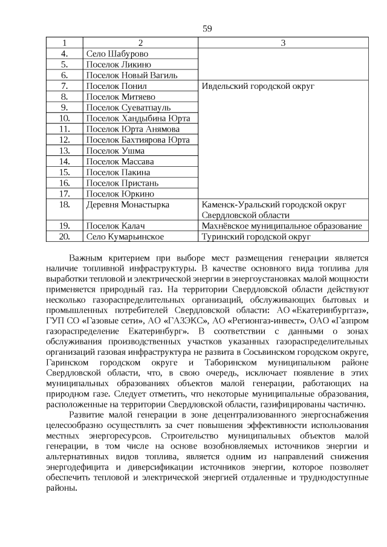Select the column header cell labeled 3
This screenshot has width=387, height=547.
pyautogui.click(x=283, y=42)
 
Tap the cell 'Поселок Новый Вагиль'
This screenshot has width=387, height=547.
pyautogui.click(x=132, y=75)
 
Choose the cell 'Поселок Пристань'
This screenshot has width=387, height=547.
pyautogui.click(x=123, y=183)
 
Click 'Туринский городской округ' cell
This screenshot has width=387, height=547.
pyautogui.click(x=256, y=237)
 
